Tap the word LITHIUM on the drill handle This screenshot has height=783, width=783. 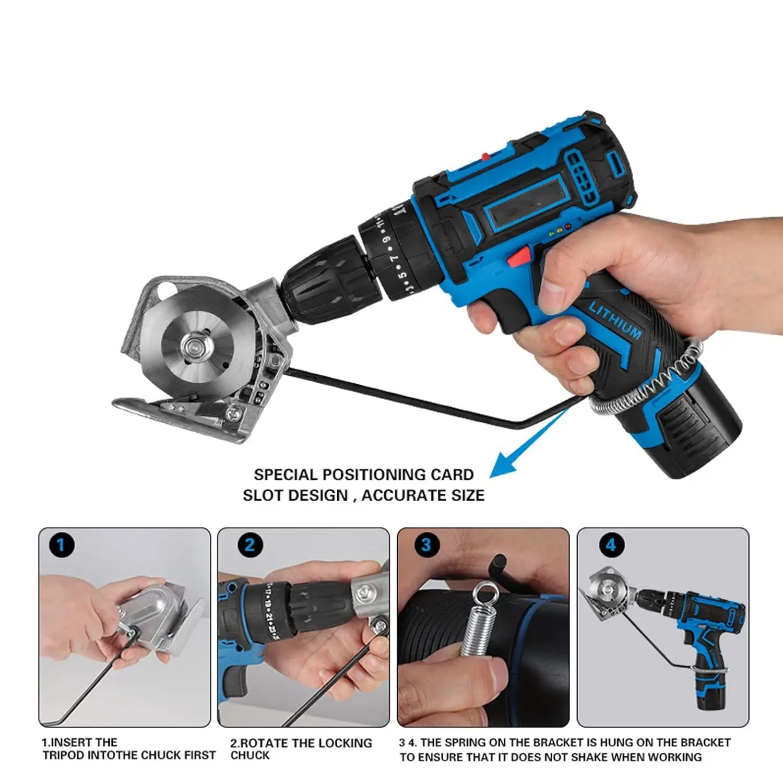(x=615, y=319)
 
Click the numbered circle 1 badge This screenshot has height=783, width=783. (x=61, y=545)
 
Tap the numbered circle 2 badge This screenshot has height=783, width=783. (x=250, y=545)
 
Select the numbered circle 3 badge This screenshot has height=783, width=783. (x=426, y=545)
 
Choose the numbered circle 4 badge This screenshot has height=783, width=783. (x=611, y=545)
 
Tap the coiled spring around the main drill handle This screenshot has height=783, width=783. (x=652, y=386)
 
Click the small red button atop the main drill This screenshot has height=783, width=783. (x=485, y=156)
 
